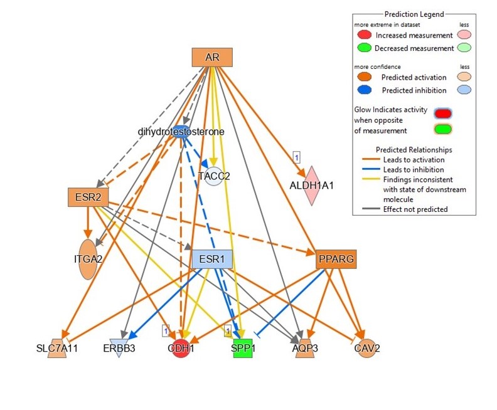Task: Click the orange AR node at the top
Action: [x=212, y=58]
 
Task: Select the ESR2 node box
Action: [x=88, y=197]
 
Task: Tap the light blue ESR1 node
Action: [x=211, y=259]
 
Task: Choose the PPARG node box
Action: [x=336, y=259]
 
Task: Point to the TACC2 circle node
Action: [x=213, y=176]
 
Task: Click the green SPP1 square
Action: [x=243, y=348]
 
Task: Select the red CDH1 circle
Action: [x=180, y=348]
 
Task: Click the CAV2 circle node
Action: [x=366, y=348]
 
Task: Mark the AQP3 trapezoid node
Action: [x=304, y=348]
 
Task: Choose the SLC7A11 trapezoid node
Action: [x=57, y=348]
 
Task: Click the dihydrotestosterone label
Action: [x=181, y=132]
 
